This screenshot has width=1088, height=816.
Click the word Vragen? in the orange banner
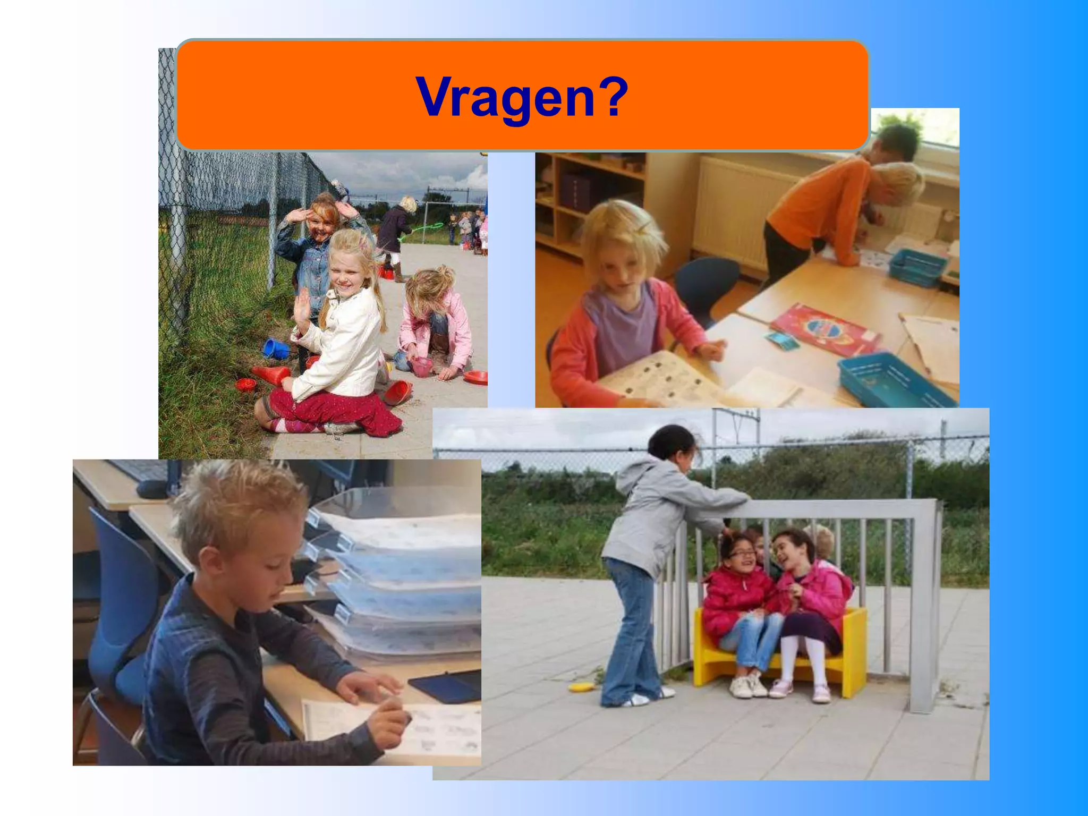click(x=522, y=97)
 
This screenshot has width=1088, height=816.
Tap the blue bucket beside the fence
click(x=276, y=348)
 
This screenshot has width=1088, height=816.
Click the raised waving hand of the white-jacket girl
click(x=303, y=311)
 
